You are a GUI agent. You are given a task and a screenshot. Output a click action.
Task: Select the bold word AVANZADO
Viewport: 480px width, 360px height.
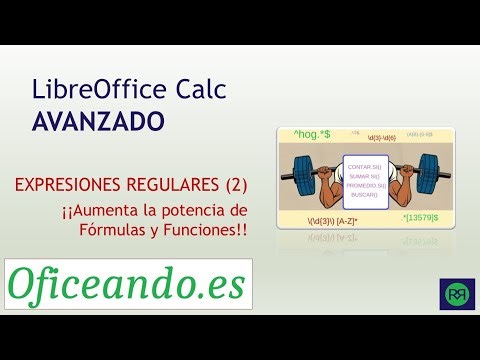98,122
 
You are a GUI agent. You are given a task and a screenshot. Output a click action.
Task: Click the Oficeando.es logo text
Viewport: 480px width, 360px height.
127,284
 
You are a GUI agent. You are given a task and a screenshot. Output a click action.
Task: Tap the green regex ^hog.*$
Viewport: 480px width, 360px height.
312,133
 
